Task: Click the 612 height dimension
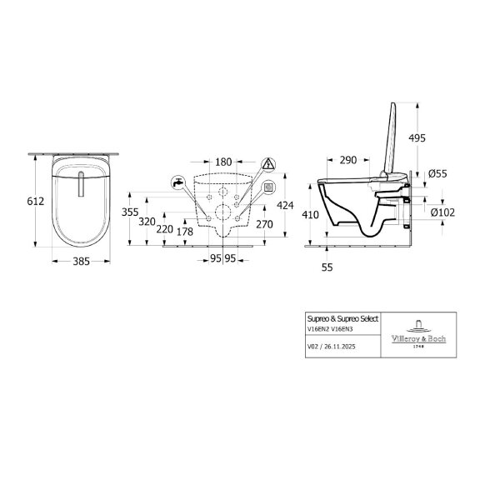pyautogui.click(x=36, y=202)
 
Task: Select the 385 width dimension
pyautogui.click(x=82, y=262)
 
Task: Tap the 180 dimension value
pyautogui.click(x=223, y=162)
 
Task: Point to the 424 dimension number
pyautogui.click(x=285, y=205)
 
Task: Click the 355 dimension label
pyautogui.click(x=130, y=212)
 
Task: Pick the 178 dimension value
pyautogui.click(x=185, y=232)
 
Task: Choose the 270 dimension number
pyautogui.click(x=264, y=224)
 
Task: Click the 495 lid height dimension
pyautogui.click(x=417, y=137)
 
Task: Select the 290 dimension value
pyautogui.click(x=348, y=160)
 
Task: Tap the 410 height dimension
pyautogui.click(x=310, y=215)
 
